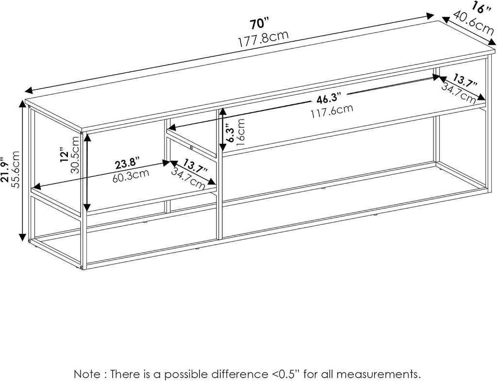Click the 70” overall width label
click(259, 24)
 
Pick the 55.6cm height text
click(15, 169)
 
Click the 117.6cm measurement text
click(331, 111)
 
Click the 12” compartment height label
click(65, 155)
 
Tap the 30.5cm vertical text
click(75, 154)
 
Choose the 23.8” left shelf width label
click(127, 164)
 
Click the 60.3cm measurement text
click(131, 175)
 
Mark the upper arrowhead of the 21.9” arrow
click(22, 103)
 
